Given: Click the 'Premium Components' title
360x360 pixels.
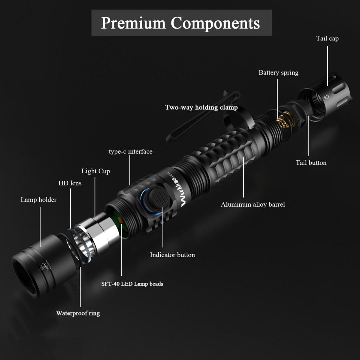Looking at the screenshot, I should pyautogui.click(x=181, y=23).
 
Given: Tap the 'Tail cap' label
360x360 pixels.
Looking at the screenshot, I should pyautogui.click(x=327, y=38).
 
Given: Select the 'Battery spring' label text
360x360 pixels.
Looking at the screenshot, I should pyautogui.click(x=278, y=72).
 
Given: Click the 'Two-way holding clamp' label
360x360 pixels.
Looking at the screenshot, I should pyautogui.click(x=201, y=107).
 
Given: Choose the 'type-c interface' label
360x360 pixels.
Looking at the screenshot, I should pyautogui.click(x=130, y=151).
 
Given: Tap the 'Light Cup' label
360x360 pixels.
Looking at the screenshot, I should pyautogui.click(x=95, y=171).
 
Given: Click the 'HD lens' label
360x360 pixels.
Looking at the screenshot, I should pyautogui.click(x=70, y=183).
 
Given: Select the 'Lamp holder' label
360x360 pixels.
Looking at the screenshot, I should pyautogui.click(x=39, y=200).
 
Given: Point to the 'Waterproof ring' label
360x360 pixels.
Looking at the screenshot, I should pyautogui.click(x=78, y=313).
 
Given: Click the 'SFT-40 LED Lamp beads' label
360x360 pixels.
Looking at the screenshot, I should pyautogui.click(x=132, y=284).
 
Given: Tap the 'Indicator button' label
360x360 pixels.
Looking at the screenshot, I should pyautogui.click(x=172, y=255).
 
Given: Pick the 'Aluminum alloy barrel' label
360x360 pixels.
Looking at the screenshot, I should pyautogui.click(x=253, y=204).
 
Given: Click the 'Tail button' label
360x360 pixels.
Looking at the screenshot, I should pyautogui.click(x=311, y=163).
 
